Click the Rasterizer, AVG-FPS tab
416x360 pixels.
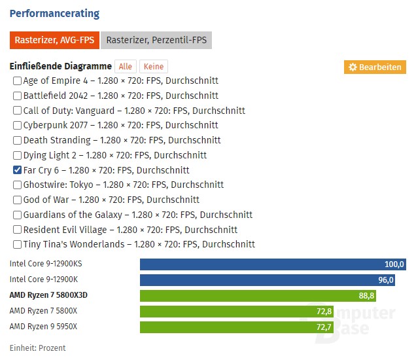click(x=54, y=40)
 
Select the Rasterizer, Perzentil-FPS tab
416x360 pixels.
click(x=157, y=40)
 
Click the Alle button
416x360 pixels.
click(x=126, y=67)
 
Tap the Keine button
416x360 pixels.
click(x=154, y=67)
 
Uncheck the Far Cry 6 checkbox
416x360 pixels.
click(x=17, y=170)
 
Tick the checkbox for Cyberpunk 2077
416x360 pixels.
click(x=17, y=126)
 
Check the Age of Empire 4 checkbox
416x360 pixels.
click(x=17, y=81)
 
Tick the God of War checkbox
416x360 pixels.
click(x=17, y=200)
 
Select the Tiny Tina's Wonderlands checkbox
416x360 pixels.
click(x=17, y=245)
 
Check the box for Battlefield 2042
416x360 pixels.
click(x=17, y=96)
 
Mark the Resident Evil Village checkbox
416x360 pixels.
click(x=17, y=230)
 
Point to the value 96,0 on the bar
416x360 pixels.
click(x=386, y=280)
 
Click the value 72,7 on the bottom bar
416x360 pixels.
click(x=324, y=326)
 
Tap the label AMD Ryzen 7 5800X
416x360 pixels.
click(x=43, y=311)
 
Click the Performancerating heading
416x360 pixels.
click(x=54, y=13)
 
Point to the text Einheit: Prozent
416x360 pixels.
click(x=37, y=348)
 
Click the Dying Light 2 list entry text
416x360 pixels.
click(x=114, y=156)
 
